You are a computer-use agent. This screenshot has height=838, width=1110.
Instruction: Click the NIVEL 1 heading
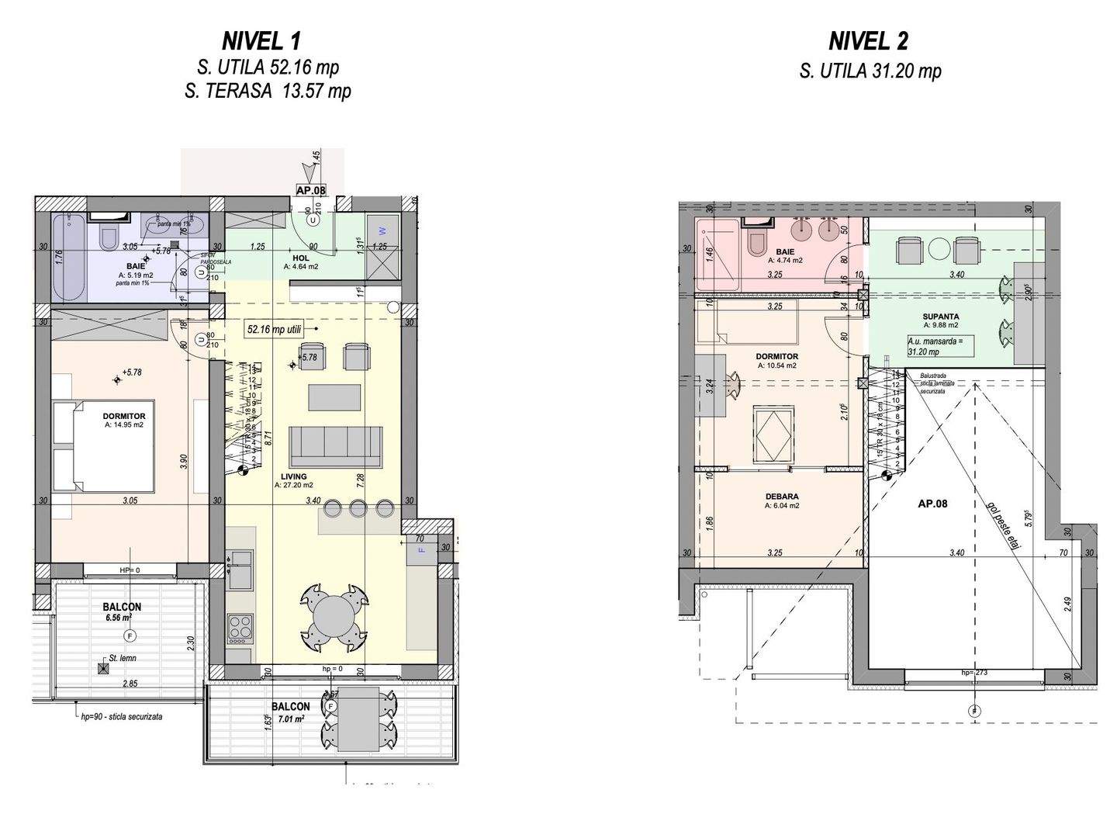pos(261,41)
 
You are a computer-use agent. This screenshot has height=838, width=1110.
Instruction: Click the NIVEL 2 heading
pos(868,41)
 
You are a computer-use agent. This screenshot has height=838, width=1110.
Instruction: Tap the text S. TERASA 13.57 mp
pos(268,92)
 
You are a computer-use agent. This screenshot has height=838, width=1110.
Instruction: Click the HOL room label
pos(300,258)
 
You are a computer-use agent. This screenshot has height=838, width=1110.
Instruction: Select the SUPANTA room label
pos(941,317)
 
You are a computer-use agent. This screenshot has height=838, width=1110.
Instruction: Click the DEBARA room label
pos(781,497)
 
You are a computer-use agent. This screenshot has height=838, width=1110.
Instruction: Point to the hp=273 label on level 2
pos(973,673)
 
